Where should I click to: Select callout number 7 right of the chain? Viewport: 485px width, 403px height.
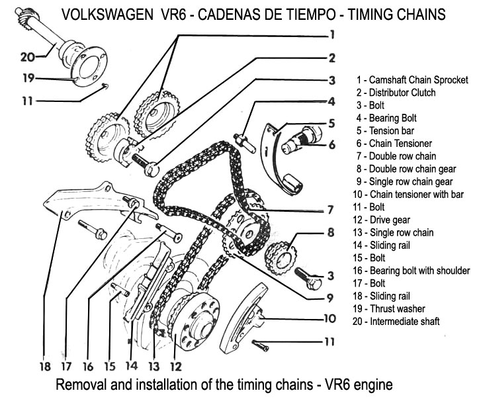point(328,211)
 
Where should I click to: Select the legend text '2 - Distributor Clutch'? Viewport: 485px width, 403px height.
point(396,93)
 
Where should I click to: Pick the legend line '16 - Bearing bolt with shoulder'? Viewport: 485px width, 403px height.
point(411,271)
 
